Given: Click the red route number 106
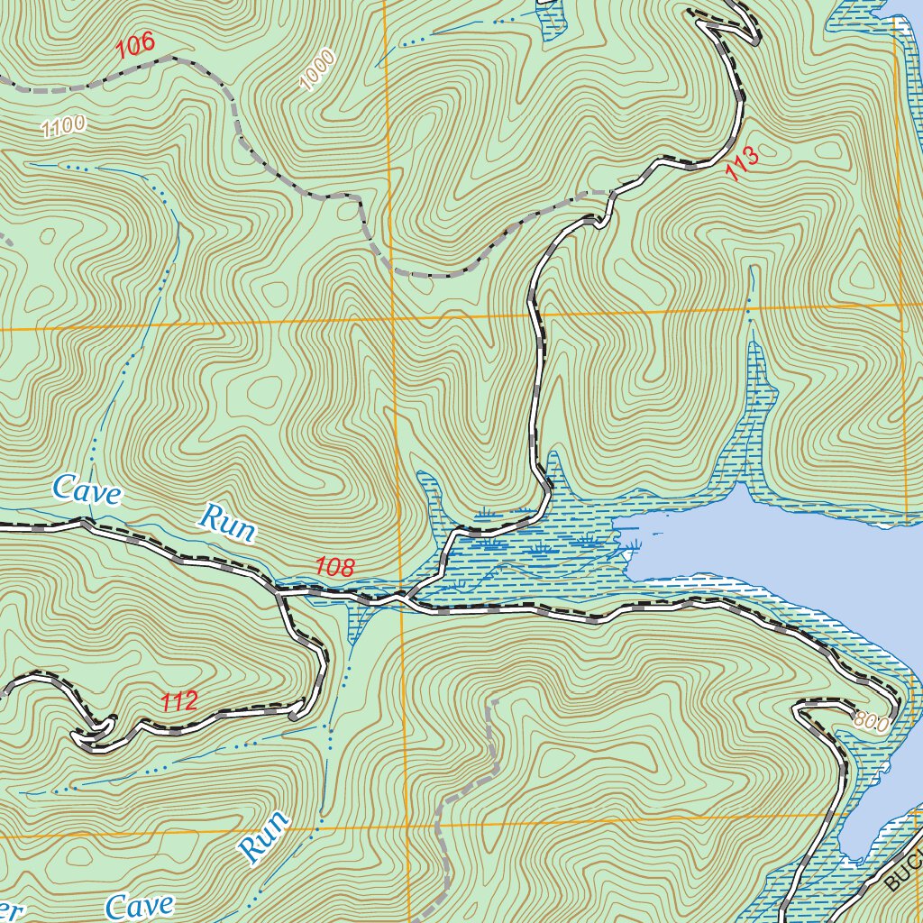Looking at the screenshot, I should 136,46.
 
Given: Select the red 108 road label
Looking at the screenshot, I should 335,567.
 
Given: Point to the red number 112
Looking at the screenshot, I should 179,702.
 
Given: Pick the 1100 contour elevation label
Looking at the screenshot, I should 63,127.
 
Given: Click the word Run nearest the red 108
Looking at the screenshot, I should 226,523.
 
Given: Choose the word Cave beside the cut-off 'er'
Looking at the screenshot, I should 139,906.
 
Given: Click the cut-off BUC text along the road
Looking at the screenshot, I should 903,871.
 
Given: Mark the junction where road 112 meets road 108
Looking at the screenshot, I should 279,592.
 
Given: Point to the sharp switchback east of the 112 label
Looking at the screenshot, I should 296,716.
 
